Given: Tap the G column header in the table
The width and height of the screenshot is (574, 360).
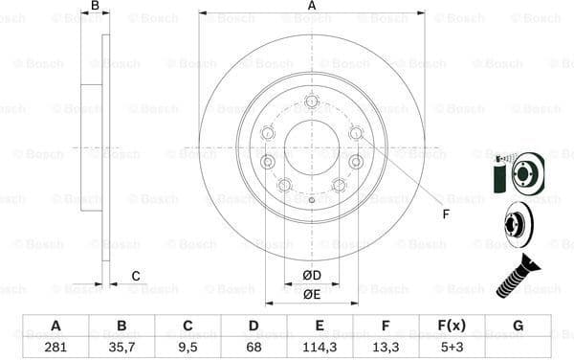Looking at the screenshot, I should (x=518, y=326).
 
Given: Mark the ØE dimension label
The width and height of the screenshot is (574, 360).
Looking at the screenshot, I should (x=312, y=295).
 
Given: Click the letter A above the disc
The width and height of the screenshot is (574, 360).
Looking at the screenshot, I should (x=312, y=7).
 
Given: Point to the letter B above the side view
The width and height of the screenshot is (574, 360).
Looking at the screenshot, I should (x=94, y=7).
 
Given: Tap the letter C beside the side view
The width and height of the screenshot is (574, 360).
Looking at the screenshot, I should (x=136, y=277).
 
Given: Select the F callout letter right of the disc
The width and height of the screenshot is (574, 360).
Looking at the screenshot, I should (x=446, y=214).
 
